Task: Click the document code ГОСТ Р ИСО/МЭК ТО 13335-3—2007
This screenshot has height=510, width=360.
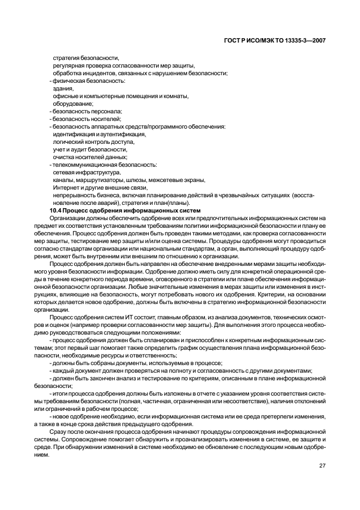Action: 278,40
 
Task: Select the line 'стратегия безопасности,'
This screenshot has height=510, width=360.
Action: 86,58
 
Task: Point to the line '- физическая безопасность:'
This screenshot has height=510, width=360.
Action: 87,81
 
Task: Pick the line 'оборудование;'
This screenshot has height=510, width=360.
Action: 73,104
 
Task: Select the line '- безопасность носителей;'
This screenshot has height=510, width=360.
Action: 85,119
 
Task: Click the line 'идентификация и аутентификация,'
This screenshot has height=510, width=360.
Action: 99,134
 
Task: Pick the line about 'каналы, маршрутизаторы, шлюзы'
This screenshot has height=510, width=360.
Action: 129,180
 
